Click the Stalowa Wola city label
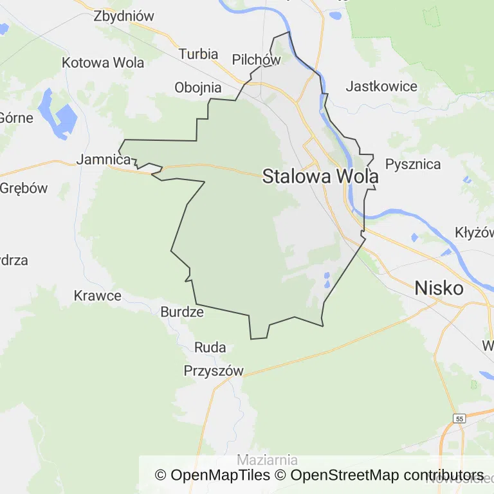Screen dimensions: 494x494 coord(319,176)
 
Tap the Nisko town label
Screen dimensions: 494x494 coord(439,288)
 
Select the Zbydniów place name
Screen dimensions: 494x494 coord(124,16)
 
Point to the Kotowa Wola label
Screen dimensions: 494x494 coord(103,62)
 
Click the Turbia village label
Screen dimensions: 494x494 coord(198,54)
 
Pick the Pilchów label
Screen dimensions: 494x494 coord(257,60)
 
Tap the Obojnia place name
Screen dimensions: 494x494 coord(198,87)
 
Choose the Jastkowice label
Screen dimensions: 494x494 coord(381,86)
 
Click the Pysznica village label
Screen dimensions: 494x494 coord(413,163)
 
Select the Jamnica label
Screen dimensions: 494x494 coord(104,160)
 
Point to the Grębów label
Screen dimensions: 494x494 coord(24,188)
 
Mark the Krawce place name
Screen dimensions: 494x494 coord(98,296)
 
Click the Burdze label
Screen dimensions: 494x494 coord(181,313)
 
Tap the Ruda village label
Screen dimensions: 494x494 coord(210,348)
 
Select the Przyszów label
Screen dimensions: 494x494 coord(214,371)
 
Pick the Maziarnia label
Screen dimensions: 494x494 coord(267,460)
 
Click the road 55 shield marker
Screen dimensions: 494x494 coord(458,418)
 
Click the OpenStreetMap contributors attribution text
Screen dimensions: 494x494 coord(387,475)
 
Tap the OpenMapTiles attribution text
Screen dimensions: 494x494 coord(212,475)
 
